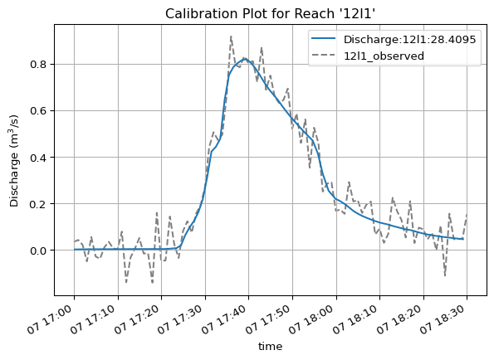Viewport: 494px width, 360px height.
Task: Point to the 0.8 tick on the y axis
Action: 38,65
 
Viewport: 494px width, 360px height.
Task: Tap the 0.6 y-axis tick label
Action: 38,111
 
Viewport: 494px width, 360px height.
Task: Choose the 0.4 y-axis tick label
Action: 38,158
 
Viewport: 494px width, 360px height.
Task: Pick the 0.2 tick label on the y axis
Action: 38,204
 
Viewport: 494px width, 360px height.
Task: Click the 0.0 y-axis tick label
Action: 38,251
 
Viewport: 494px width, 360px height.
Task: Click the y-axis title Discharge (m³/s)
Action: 14,161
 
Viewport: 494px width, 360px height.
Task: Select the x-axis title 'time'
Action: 271,347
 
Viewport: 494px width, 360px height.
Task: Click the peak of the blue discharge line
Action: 245,59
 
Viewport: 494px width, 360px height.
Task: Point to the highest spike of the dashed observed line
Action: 232,36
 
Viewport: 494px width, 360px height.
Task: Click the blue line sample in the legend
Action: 324,38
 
